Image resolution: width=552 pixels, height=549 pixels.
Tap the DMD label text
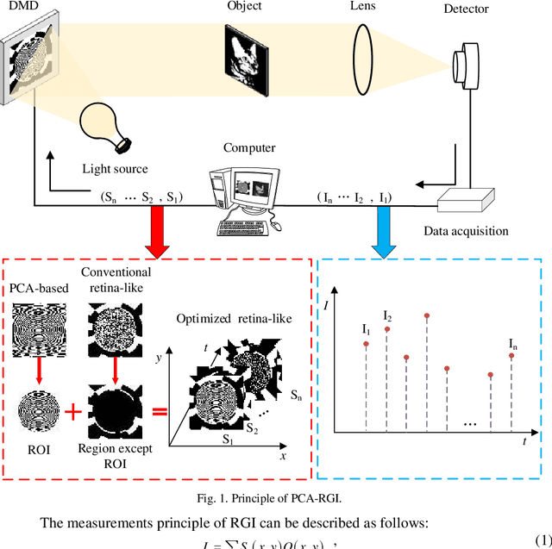click(x=20, y=9)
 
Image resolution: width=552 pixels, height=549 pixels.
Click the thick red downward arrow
click(x=157, y=232)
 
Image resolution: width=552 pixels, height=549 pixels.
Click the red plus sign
click(x=76, y=412)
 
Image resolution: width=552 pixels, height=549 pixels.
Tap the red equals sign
click(x=159, y=412)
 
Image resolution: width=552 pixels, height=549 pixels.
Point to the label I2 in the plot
click(x=388, y=316)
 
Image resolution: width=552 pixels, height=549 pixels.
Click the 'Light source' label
click(x=115, y=169)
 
